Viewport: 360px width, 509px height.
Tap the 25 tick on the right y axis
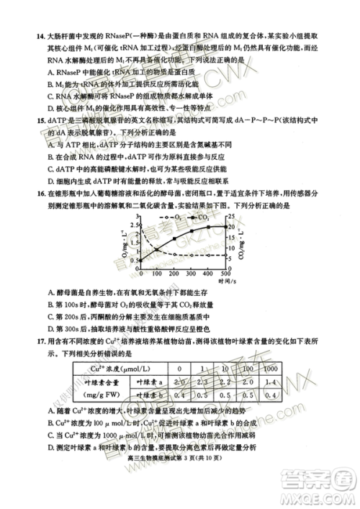pos(232,215)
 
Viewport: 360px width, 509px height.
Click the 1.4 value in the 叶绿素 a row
pos(272,382)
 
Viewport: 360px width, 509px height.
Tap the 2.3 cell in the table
pos(202,382)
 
